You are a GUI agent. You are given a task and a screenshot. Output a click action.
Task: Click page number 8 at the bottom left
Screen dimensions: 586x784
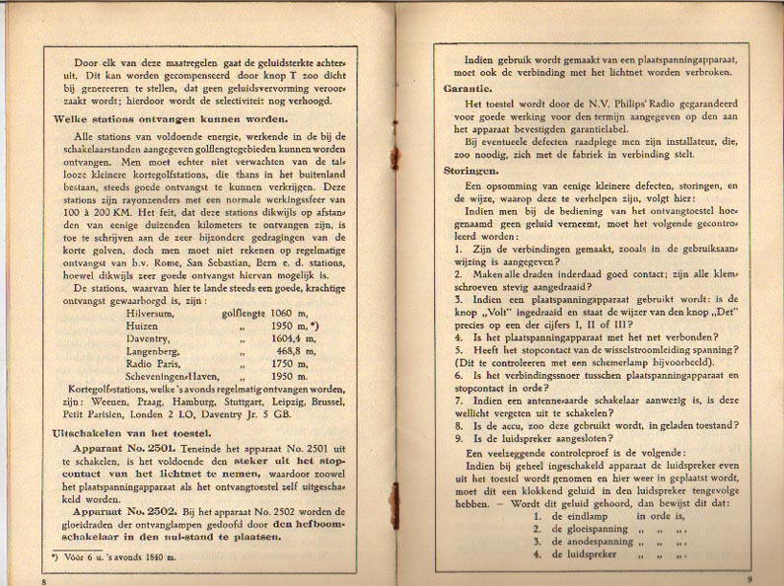coord(43,581)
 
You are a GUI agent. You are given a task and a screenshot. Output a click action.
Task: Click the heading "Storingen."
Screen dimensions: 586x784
coord(472,170)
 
